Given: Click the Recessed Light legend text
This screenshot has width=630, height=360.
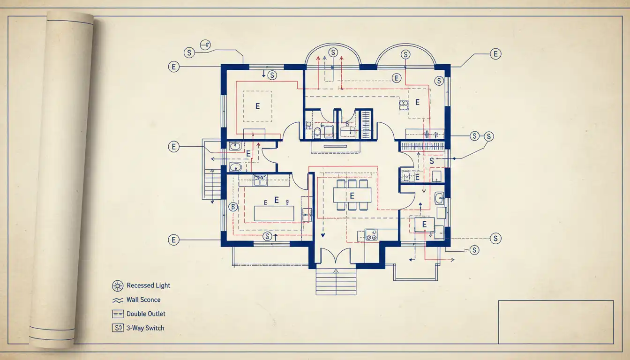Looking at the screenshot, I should (148, 285).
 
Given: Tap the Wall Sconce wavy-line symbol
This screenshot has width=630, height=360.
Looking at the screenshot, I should (117, 300).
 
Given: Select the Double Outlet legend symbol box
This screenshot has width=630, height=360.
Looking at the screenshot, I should (117, 314).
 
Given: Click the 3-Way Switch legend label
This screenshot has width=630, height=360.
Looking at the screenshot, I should (145, 328).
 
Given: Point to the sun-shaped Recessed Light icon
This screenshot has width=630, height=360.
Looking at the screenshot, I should (117, 285).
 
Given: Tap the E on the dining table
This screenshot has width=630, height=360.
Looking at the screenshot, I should (352, 195).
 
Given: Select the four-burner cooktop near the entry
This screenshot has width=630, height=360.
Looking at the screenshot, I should (371, 235).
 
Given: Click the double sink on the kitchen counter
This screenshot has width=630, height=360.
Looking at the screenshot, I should (260, 178).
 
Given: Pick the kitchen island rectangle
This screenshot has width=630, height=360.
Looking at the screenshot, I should (274, 213).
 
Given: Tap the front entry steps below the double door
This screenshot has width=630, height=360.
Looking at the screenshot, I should (336, 282).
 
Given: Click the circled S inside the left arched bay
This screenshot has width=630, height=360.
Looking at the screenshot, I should (333, 52).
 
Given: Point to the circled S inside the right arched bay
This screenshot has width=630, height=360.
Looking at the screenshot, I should (405, 54).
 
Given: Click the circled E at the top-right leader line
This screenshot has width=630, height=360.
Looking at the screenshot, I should (495, 54).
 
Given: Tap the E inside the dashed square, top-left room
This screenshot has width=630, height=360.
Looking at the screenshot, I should (257, 106).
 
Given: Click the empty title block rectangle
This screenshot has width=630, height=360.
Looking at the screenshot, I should (555, 322).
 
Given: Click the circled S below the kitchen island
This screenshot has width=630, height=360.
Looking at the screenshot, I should (268, 236).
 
